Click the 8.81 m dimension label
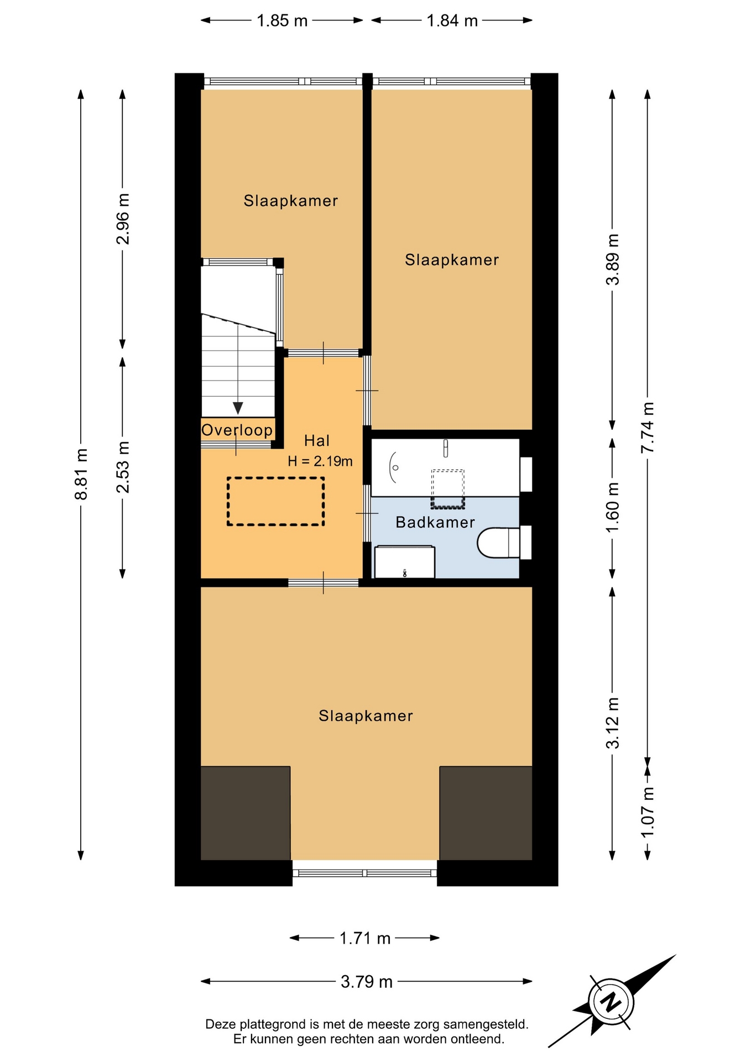(81, 474)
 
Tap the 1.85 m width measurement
(282, 20)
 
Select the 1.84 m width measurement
(452, 20)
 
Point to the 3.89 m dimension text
(613, 259)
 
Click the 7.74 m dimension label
(648, 428)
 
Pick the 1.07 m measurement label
(648, 812)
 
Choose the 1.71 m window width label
(365, 938)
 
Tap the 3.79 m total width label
(367, 981)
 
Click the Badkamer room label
(435, 522)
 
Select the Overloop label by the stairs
(237, 430)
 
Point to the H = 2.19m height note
(320, 461)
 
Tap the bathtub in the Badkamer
(445, 467)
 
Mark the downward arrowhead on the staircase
(238, 408)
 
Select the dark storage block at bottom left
(246, 813)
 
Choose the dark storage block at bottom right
(486, 813)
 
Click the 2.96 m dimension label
(123, 218)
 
